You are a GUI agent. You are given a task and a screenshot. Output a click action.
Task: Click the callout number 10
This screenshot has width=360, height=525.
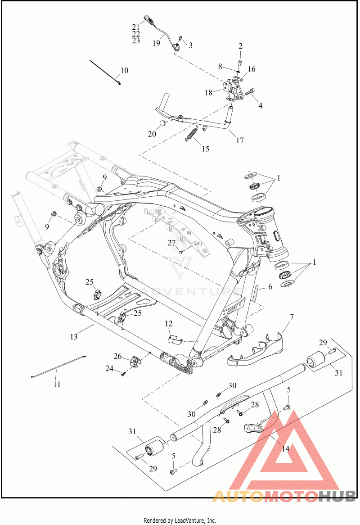point(124,70)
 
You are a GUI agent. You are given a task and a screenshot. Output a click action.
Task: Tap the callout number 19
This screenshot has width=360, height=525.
point(157,43)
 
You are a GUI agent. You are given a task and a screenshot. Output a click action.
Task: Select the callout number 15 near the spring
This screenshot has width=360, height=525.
point(206,149)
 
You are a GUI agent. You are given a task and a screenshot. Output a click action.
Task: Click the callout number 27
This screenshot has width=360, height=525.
point(171,243)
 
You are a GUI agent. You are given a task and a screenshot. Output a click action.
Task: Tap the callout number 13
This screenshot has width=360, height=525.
point(74,336)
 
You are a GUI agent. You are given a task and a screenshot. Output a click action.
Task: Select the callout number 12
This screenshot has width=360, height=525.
point(169,324)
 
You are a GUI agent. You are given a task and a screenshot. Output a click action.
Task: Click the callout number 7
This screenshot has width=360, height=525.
point(292,317)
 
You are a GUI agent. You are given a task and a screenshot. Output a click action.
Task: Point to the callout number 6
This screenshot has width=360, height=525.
point(270,287)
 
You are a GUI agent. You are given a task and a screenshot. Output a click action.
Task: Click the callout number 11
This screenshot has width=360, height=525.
point(57,384)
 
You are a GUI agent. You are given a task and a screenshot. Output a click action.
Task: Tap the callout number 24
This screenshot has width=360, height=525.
point(109,369)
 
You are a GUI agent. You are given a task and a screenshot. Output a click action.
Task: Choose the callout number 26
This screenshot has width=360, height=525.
point(117,357)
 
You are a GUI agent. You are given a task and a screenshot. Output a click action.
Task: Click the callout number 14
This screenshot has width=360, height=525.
point(285,448)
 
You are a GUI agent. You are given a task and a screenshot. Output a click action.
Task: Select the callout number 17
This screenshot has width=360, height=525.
point(240,140)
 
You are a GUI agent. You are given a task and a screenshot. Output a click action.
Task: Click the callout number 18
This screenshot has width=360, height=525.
point(208,92)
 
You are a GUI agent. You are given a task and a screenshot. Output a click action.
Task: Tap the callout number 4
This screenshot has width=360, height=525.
point(260,106)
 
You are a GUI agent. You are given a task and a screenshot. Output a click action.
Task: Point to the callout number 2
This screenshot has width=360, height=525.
point(241,46)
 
